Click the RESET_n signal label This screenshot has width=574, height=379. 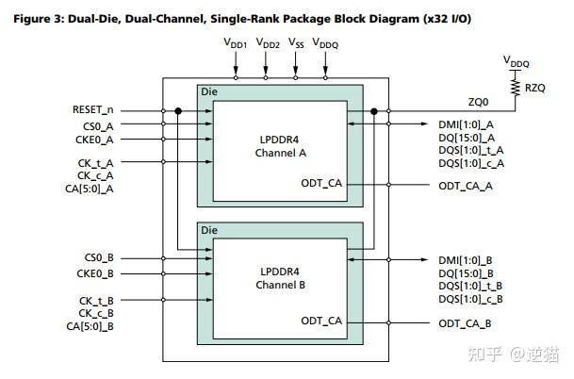(x=92, y=110)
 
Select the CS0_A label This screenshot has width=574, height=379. (x=99, y=124)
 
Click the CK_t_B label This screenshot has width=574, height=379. (x=96, y=300)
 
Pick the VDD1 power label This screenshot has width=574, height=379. (x=235, y=43)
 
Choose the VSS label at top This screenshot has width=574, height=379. (x=296, y=43)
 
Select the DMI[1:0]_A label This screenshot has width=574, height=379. (x=467, y=124)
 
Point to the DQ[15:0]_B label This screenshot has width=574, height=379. (x=467, y=273)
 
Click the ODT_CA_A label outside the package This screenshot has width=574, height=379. (x=465, y=186)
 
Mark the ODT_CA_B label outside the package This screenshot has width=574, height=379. (x=465, y=323)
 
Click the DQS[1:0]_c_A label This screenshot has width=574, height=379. (x=470, y=163)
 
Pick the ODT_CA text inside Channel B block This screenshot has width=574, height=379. (x=321, y=321)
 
